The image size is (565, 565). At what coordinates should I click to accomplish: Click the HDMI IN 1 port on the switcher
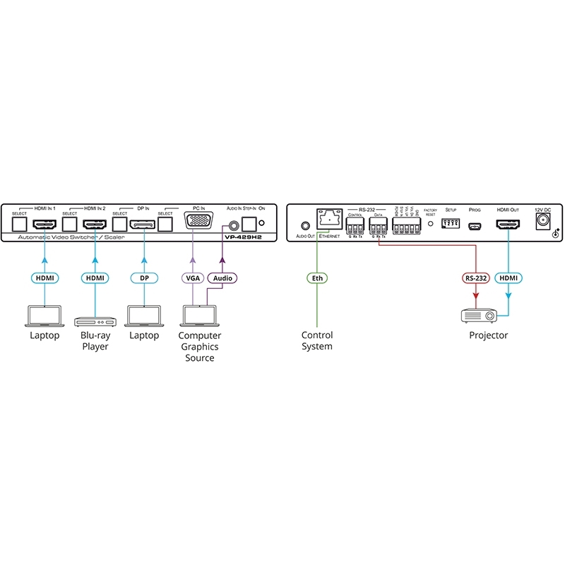tap(44, 224)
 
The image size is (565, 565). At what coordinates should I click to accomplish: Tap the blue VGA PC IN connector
tap(198, 222)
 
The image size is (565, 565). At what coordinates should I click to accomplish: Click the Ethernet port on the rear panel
tap(329, 220)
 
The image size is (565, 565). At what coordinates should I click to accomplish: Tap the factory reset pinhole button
tap(430, 224)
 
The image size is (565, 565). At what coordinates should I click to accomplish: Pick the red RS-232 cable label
tap(477, 278)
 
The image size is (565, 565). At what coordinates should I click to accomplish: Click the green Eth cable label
tap(317, 278)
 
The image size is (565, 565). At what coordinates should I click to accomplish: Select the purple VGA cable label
tap(192, 278)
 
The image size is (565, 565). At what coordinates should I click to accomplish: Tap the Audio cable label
tap(222, 278)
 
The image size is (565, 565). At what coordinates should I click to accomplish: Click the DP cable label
tap(143, 278)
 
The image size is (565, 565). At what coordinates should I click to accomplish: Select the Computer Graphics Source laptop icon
tap(199, 315)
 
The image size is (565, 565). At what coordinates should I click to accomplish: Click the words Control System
tap(317, 341)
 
